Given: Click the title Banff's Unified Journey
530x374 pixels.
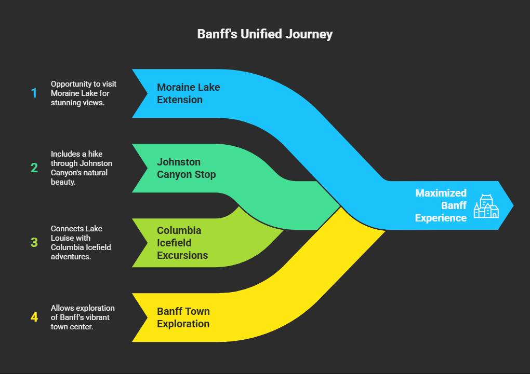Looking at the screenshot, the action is tap(265, 34).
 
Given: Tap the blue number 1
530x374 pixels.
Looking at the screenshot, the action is tap(34, 93).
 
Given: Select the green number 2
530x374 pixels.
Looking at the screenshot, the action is tap(34, 168).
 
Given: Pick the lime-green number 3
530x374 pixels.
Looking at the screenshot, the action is tap(34, 242).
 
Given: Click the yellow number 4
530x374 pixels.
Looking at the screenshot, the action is tap(34, 317).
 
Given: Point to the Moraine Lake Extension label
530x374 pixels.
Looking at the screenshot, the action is tap(188, 93).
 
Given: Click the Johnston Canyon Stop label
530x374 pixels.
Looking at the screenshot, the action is tap(186, 168).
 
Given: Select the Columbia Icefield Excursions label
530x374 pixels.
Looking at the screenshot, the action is tap(182, 243).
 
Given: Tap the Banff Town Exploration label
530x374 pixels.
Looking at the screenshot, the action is tap(183, 317).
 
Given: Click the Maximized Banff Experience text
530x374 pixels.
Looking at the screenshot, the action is tap(441, 205).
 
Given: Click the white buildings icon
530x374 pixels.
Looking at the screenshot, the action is tap(486, 206).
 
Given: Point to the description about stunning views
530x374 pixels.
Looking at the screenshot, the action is tap(84, 93).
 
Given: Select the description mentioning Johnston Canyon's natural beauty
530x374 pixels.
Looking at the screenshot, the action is tap(82, 168).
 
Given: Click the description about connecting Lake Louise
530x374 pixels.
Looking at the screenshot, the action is tap(81, 242).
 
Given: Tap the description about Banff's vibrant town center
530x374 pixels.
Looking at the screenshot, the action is tap(83, 317).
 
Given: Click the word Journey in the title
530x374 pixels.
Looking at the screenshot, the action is tap(309, 34).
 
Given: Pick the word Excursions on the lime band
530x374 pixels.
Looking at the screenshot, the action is tap(182, 256).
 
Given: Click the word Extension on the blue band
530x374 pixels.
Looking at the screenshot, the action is tap(180, 100).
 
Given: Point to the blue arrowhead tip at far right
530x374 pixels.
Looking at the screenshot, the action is tap(513, 205).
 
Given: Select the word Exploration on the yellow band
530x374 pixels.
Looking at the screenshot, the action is tap(183, 324).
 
